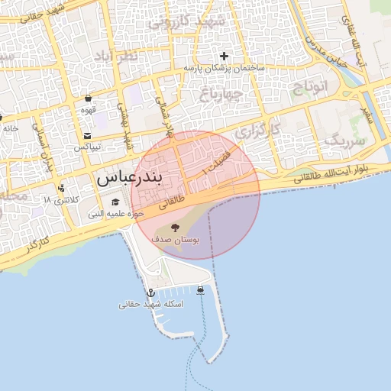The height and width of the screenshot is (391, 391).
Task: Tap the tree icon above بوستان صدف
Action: pyautogui.click(x=176, y=227)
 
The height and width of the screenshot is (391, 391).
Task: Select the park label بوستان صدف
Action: pyautogui.click(x=175, y=240)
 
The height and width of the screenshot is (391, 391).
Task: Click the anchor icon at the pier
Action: pyautogui.click(x=150, y=292)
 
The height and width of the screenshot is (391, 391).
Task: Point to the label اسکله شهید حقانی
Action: pyautogui.click(x=150, y=304)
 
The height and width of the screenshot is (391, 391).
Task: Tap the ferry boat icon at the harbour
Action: pyautogui.click(x=200, y=290)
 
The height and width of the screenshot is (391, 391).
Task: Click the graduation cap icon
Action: pyautogui.click(x=115, y=202)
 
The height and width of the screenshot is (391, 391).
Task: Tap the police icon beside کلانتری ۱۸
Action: pyautogui.click(x=60, y=188)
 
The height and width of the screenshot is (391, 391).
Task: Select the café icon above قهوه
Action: pyautogui.click(x=89, y=98)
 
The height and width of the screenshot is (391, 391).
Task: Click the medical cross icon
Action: pyautogui.click(x=224, y=56)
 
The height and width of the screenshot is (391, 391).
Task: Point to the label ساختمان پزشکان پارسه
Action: pyautogui.click(x=224, y=68)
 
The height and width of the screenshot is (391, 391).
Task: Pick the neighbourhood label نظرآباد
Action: pyautogui.click(x=117, y=56)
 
